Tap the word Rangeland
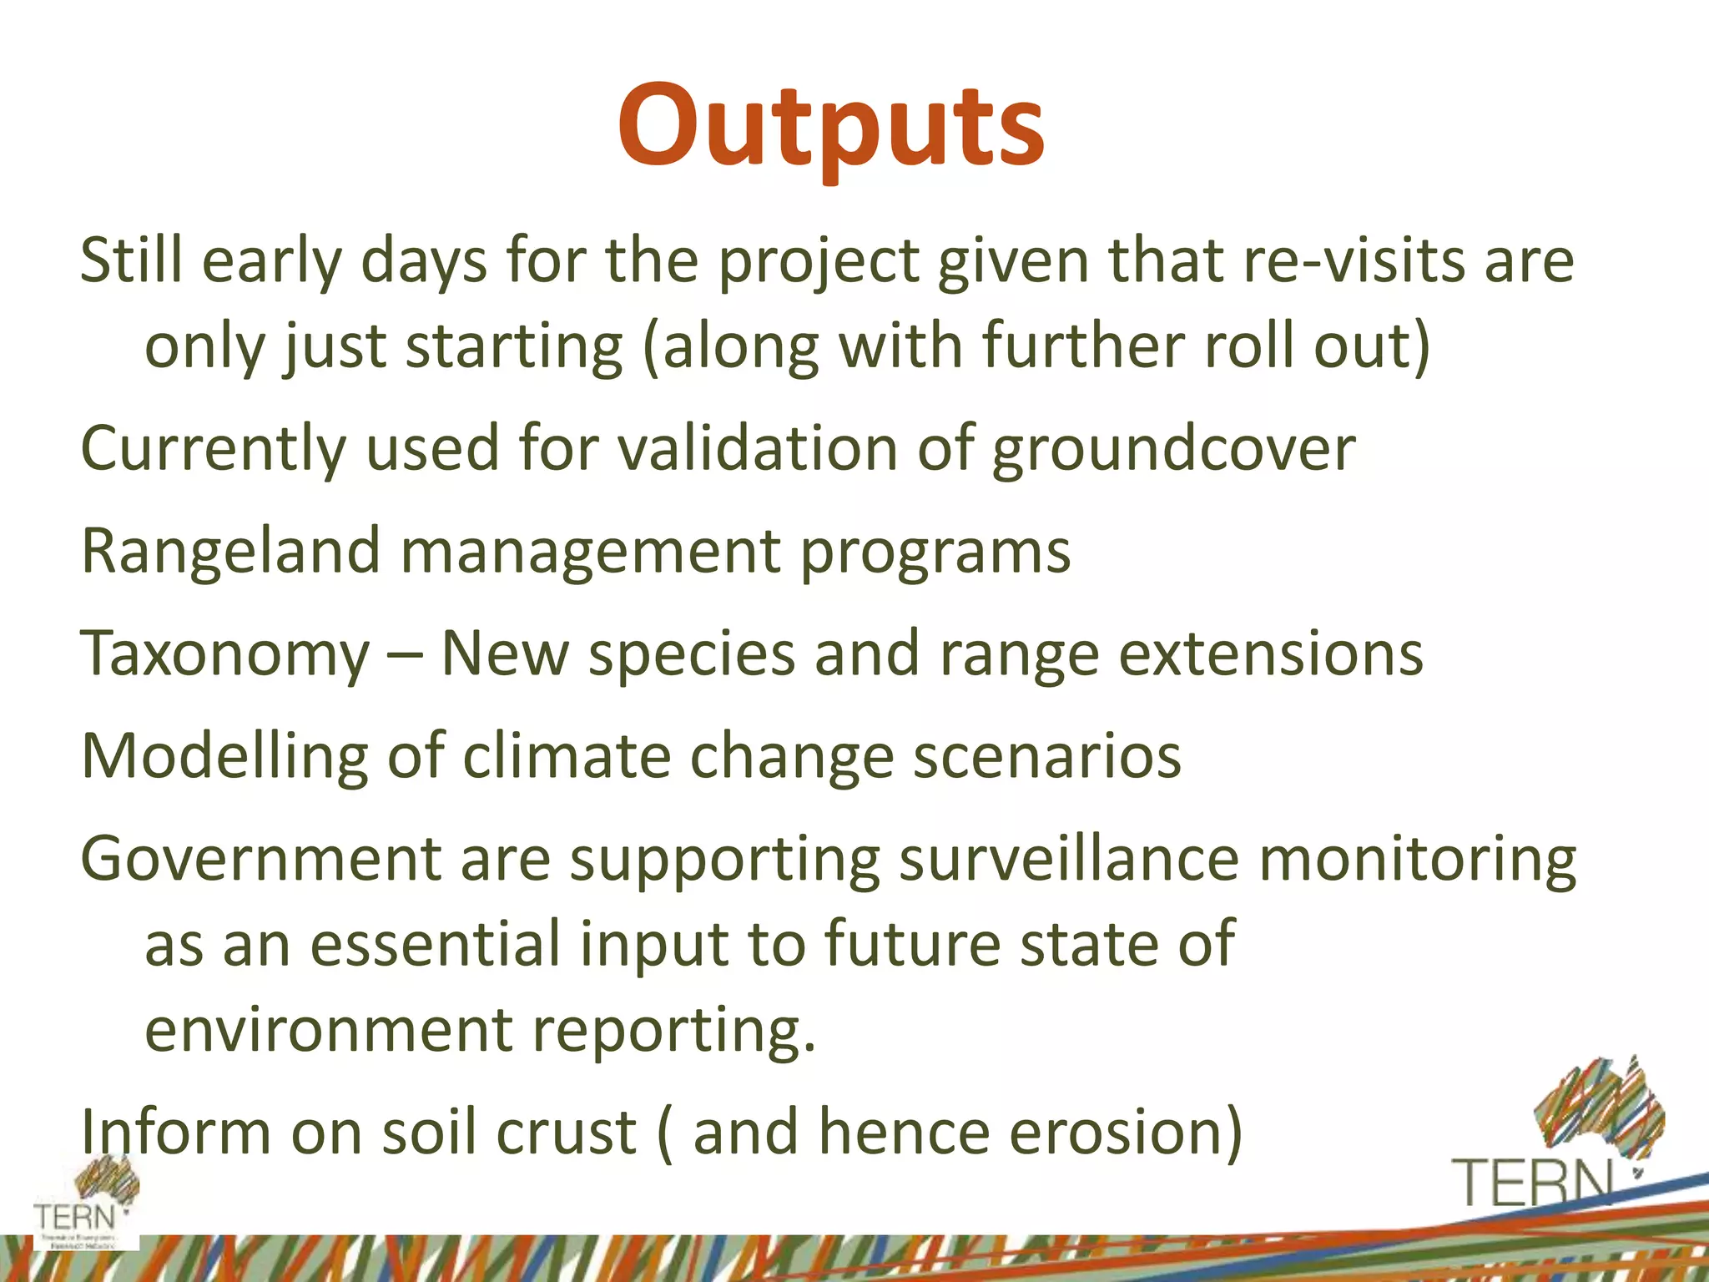click(x=230, y=553)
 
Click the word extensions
click(x=1270, y=654)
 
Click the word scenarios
click(x=1046, y=756)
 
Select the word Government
click(x=260, y=860)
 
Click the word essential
click(x=436, y=944)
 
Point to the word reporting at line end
click(x=673, y=1031)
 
